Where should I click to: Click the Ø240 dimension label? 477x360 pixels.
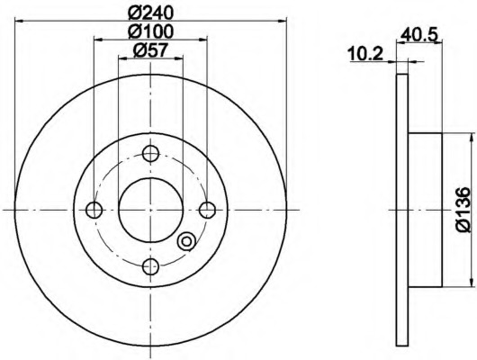pos(150,13)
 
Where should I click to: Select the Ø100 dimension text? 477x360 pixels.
pos(150,31)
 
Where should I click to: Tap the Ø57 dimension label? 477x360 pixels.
pos(150,49)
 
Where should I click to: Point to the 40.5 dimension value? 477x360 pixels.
pos(418,34)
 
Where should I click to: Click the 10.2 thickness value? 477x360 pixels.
pos(365,54)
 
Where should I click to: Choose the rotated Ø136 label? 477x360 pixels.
pos(463,210)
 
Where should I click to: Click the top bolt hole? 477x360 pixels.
pos(150,153)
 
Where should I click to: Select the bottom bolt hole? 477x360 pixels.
pos(150,266)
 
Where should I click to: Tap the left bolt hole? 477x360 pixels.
pos(94,210)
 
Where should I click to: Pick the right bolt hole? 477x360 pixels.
pos(208,210)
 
